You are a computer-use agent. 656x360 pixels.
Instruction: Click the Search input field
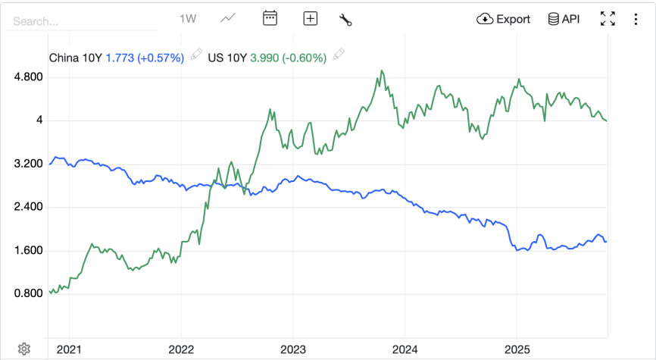point(80,21)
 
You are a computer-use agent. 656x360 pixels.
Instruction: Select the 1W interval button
point(188,19)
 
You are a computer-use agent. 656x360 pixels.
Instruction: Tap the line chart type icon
point(227,19)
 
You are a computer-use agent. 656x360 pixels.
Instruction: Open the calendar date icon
point(270,19)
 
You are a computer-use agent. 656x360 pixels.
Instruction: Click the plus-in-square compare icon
point(310,19)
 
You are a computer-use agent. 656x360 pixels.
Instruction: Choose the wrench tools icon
point(345,20)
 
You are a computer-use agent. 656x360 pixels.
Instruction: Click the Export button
point(504,19)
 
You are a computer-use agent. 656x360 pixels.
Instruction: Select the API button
point(564,19)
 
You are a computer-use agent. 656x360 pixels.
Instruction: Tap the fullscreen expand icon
point(608,19)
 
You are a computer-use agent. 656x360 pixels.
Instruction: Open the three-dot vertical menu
point(636,19)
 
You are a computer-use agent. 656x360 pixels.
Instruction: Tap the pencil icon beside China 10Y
point(197,54)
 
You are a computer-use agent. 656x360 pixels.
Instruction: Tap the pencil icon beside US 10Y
point(339,54)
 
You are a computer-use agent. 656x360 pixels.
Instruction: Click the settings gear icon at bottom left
point(23,348)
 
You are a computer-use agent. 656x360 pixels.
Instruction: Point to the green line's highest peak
point(382,71)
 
